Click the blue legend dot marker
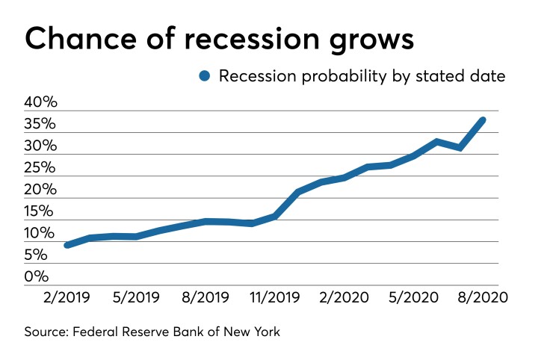(x=206, y=75)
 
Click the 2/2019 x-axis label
(x=67, y=297)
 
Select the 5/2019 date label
(x=135, y=297)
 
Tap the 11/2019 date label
(x=274, y=297)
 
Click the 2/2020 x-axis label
(x=342, y=297)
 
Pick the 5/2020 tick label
(x=412, y=297)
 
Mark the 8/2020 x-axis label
(x=482, y=297)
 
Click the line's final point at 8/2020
(x=483, y=120)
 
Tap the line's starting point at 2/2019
(x=67, y=245)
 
